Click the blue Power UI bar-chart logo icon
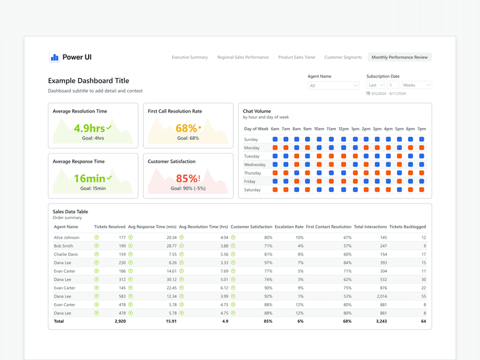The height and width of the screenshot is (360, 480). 54,57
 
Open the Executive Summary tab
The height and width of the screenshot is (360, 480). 190,57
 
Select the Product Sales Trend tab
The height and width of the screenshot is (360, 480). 296,57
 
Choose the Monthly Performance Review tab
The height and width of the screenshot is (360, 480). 399,57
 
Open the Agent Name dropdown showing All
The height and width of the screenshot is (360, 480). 333,85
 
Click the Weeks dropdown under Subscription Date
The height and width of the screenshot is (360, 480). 416,85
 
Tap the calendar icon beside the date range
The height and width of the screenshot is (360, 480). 368,93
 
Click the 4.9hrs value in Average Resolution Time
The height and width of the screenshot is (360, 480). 89,128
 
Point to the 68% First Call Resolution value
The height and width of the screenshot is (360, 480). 187,128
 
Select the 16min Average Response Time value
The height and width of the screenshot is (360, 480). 89,179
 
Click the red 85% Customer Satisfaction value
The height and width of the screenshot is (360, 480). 187,179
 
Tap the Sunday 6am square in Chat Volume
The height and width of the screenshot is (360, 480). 275,139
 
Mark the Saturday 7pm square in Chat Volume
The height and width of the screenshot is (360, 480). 421,190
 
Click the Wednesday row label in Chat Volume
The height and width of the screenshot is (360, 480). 254,165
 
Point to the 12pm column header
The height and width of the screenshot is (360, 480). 343,129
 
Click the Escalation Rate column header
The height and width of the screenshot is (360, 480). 289,227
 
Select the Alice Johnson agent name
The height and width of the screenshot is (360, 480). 67,238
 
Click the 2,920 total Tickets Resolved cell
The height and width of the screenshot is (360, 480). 120,321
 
